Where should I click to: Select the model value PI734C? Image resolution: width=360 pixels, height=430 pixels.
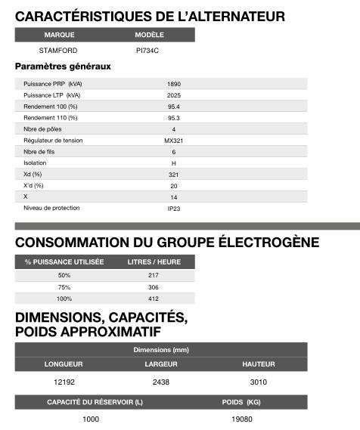(147, 51)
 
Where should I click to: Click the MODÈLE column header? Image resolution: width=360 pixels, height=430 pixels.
(149, 35)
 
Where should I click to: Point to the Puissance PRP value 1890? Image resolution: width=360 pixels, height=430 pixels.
(174, 84)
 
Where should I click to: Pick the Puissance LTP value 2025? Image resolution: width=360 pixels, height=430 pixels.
(174, 95)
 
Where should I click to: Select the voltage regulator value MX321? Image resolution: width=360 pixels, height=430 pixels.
(174, 141)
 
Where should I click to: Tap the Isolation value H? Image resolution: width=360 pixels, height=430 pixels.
(174, 162)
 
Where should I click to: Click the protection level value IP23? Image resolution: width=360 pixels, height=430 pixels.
(174, 208)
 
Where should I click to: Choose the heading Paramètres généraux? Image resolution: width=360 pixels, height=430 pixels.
(63, 67)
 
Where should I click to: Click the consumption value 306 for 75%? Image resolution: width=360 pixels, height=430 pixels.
(154, 287)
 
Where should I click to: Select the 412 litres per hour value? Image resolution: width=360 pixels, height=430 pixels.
(154, 299)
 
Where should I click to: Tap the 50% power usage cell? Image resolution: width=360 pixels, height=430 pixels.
(64, 275)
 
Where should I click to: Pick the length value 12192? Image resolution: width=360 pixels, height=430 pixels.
(58, 382)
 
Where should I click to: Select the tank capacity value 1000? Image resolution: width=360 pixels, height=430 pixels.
(92, 418)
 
